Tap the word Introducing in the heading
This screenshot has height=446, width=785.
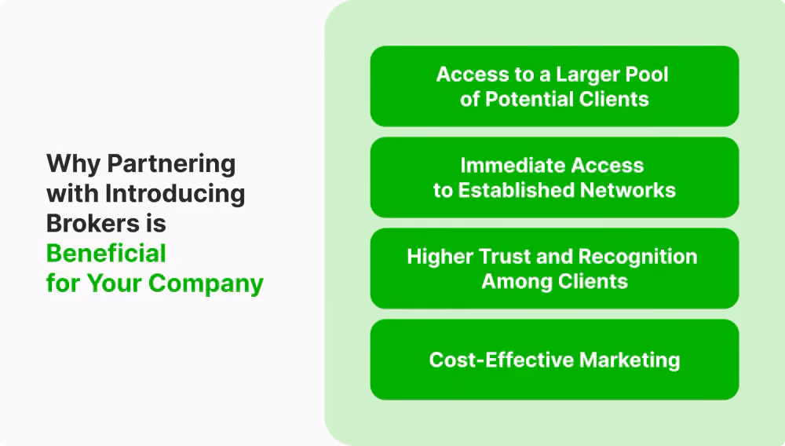[x=175, y=194]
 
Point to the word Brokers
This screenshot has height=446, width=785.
[x=93, y=223]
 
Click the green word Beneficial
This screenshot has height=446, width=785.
[x=106, y=254]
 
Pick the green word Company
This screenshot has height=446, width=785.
[x=206, y=283]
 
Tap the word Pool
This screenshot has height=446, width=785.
[x=649, y=74]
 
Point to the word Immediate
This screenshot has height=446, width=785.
[x=513, y=165]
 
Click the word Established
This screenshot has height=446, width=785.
[x=517, y=190]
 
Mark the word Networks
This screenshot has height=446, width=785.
[x=628, y=190]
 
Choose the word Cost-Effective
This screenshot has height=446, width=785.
[x=502, y=360]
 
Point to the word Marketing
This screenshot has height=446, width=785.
[x=630, y=360]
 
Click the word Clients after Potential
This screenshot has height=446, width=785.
[x=614, y=99]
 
